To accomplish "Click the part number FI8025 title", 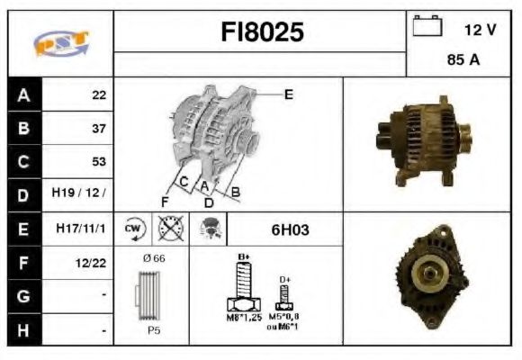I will (x=262, y=32).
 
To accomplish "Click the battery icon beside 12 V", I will (x=425, y=27).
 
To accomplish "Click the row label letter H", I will (x=22, y=330).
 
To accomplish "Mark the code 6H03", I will (x=290, y=229).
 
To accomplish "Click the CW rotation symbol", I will (x=134, y=229).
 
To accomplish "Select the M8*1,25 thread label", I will (x=242, y=316).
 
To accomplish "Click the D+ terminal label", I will (x=285, y=280).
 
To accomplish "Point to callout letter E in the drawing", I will (x=288, y=93).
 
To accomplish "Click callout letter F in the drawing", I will (x=165, y=200).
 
